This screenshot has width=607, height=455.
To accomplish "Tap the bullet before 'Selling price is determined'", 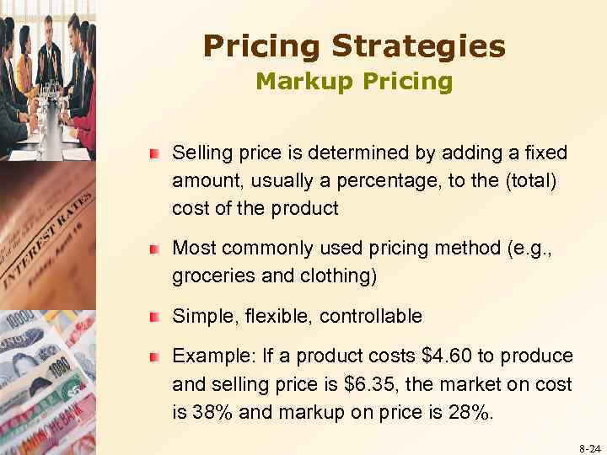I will pyautogui.click(x=154, y=154).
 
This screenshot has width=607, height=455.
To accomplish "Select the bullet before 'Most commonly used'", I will pyautogui.click(x=154, y=249).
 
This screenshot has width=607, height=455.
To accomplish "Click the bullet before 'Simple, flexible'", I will pyautogui.click(x=154, y=318).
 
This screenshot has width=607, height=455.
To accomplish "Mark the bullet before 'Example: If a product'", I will pyautogui.click(x=154, y=357).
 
